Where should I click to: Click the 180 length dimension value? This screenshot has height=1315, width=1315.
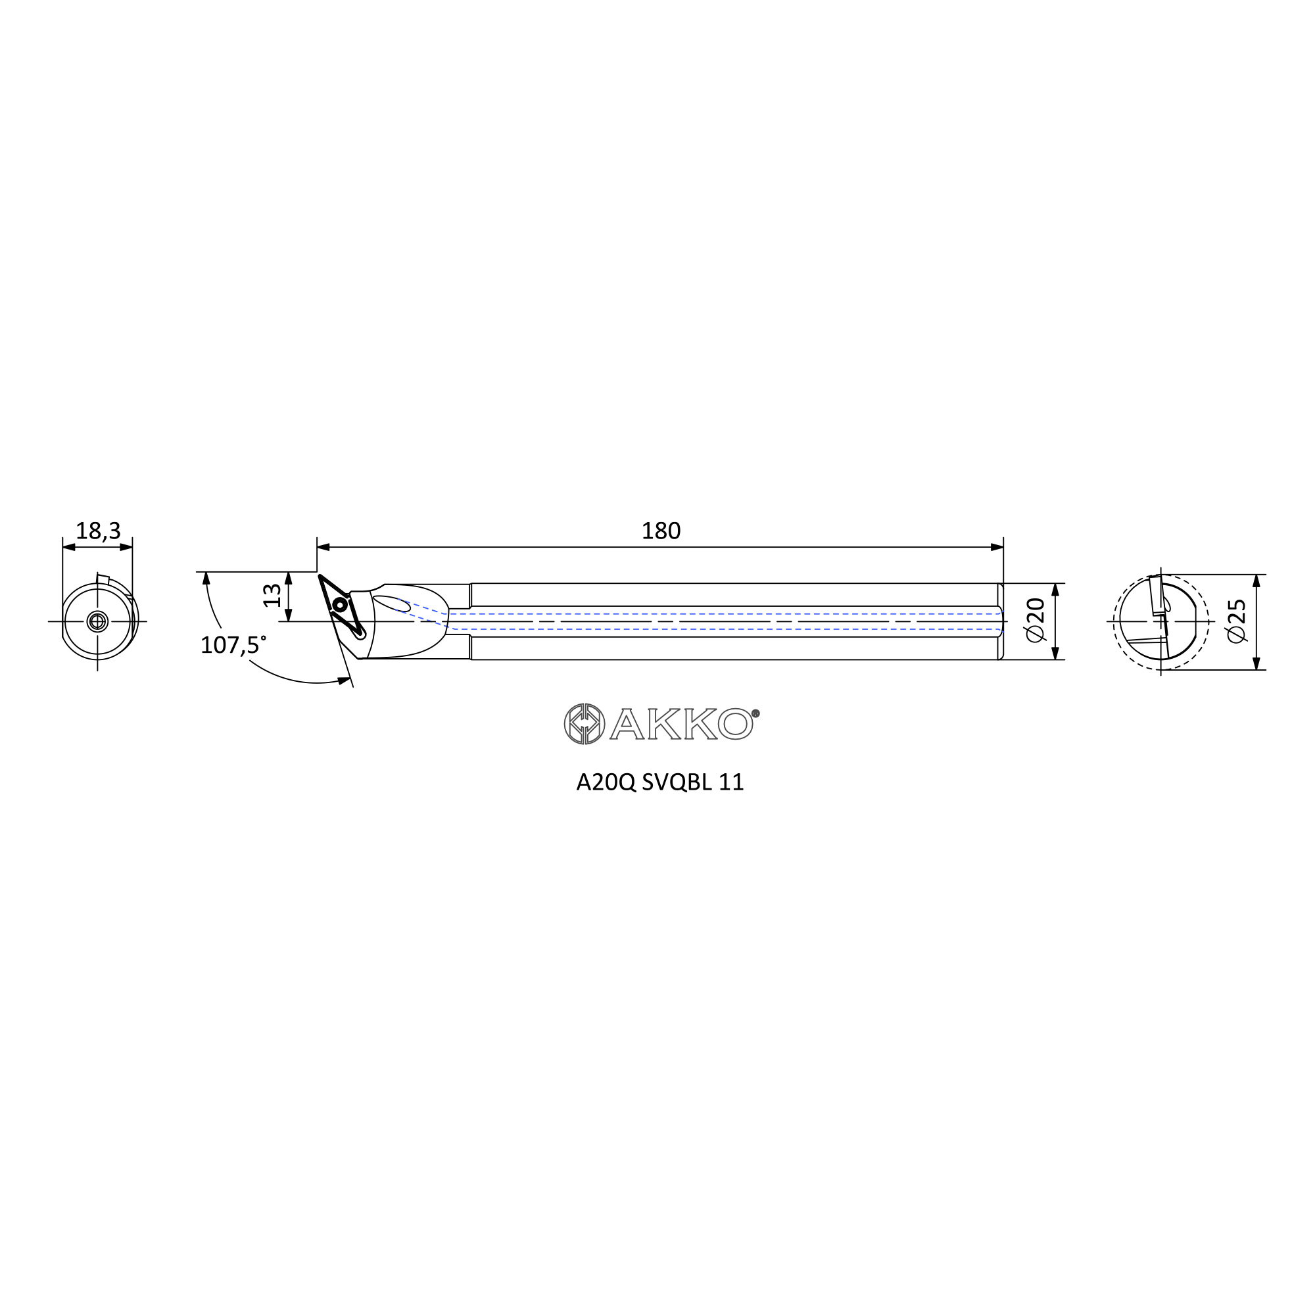[661, 531]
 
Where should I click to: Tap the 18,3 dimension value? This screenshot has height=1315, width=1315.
[98, 531]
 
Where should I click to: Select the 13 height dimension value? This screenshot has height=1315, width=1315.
[272, 596]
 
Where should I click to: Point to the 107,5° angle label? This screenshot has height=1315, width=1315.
[233, 644]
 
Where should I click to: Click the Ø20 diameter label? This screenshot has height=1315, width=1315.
[1034, 619]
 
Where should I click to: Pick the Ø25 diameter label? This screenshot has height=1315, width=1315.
[1236, 621]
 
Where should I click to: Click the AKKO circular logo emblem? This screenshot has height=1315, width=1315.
[584, 723]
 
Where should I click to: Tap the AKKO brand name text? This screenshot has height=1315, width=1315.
[681, 723]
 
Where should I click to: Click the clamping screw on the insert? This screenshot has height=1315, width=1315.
[340, 604]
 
